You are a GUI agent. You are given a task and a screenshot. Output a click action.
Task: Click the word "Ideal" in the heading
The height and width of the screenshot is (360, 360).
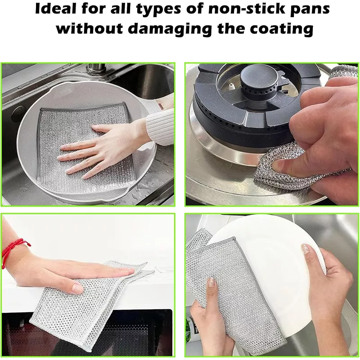[55, 9]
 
